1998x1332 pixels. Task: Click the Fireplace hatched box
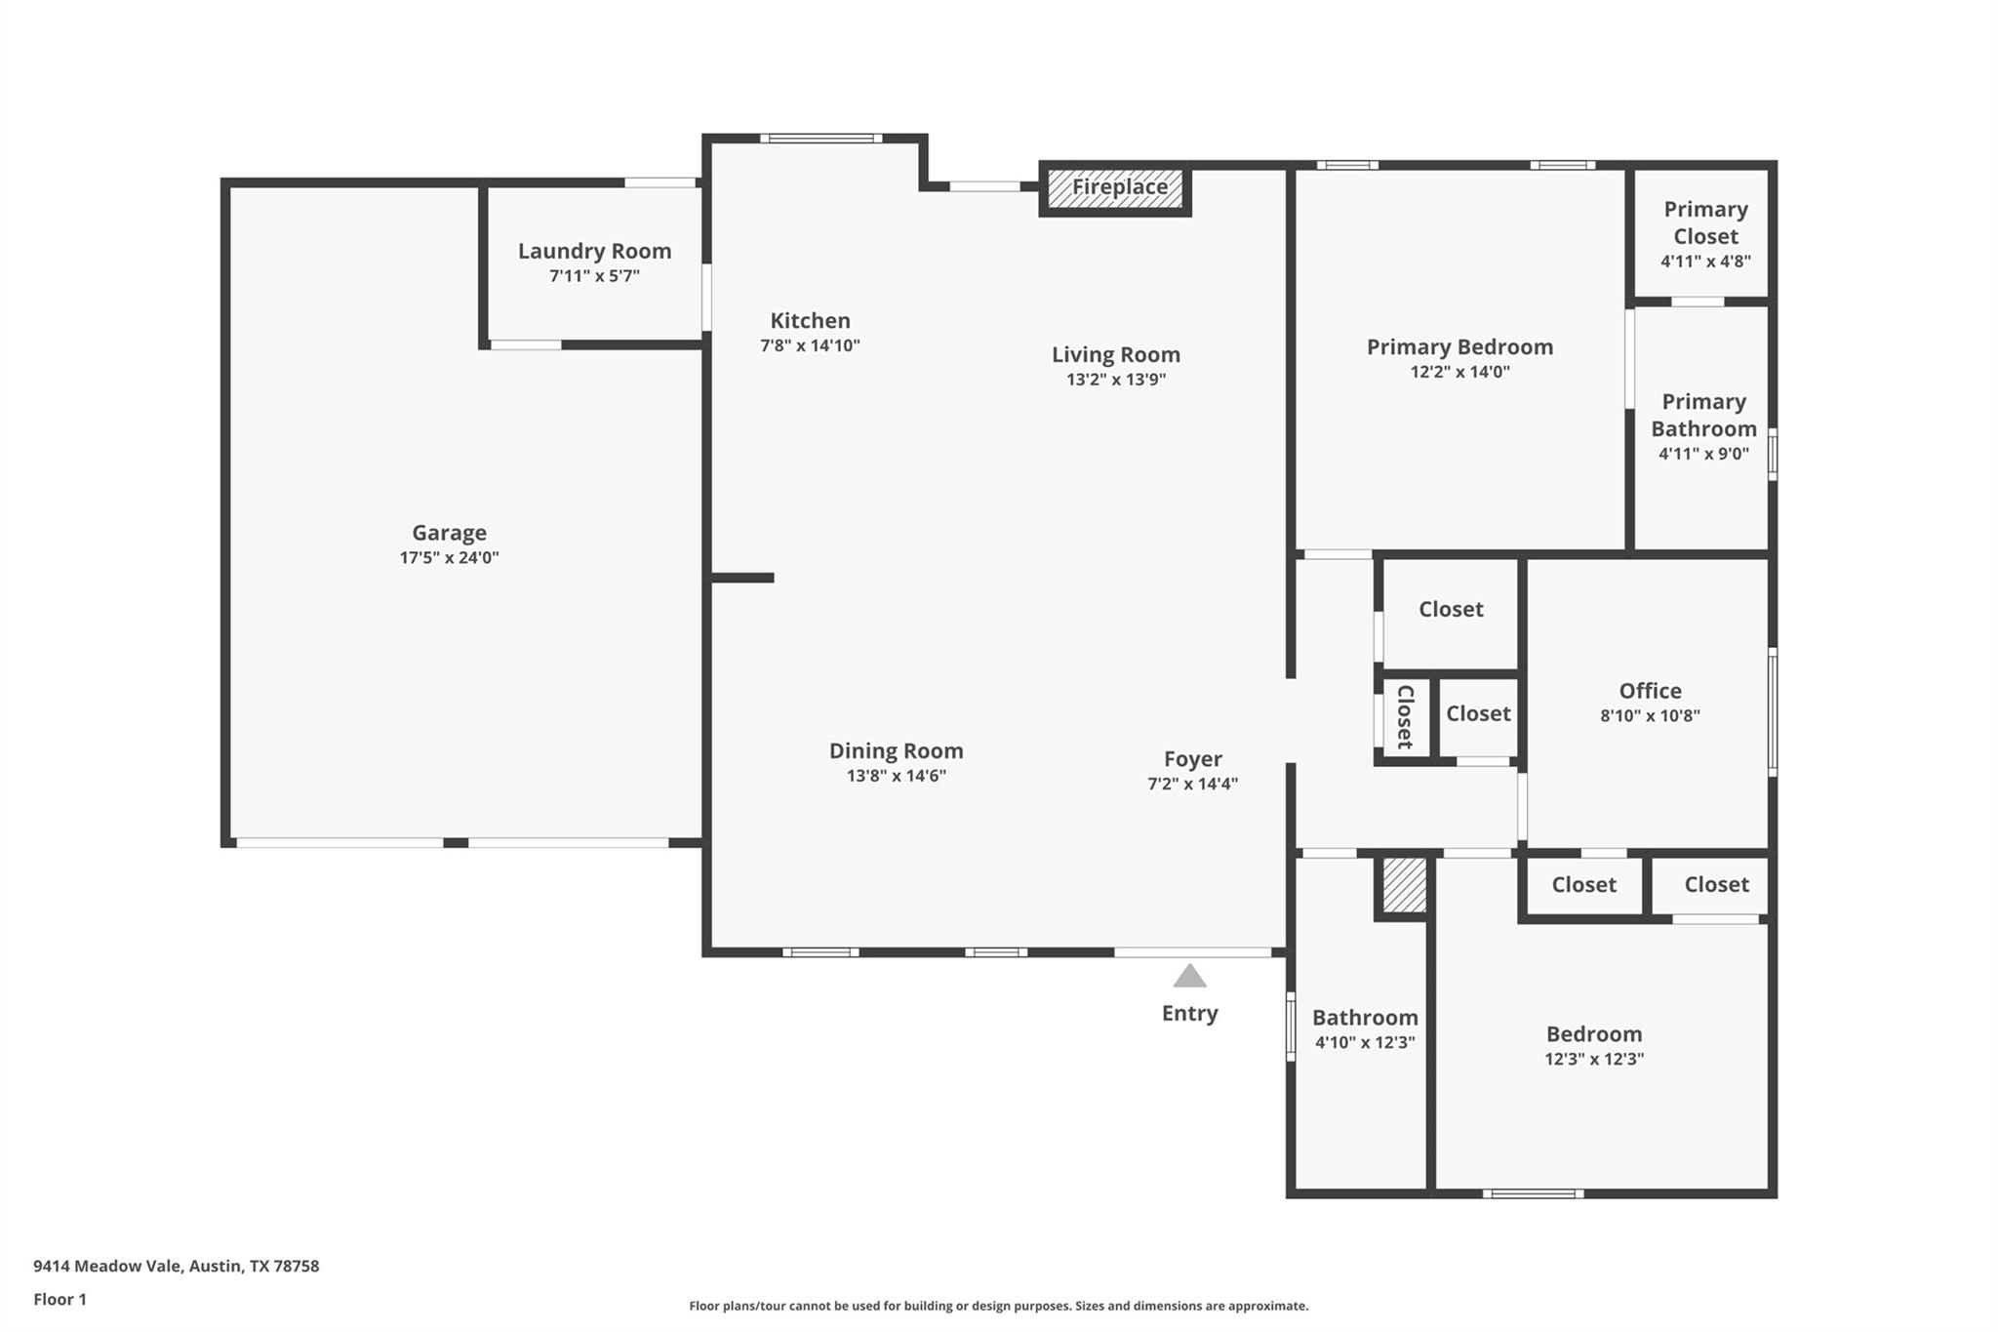pos(1115,189)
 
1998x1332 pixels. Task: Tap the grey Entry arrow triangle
pos(1189,976)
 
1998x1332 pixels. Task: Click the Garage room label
pos(449,533)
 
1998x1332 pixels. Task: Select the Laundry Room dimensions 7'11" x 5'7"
pos(594,276)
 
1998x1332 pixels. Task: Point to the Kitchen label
pos(810,320)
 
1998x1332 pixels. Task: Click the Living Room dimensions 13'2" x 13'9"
pos(1116,380)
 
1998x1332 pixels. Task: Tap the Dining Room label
pos(896,750)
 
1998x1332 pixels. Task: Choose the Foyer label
pos(1192,758)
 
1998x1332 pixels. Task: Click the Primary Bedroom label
pos(1459,346)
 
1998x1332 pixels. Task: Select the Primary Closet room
pos(1704,233)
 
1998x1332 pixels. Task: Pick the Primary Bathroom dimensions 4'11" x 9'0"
pos(1703,454)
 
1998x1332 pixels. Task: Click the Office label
pos(1650,690)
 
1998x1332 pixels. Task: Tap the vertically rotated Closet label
pos(1405,716)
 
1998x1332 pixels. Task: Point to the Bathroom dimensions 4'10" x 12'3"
pos(1364,1042)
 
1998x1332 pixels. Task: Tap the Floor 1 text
pos(60,1299)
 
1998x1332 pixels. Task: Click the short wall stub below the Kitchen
pos(741,578)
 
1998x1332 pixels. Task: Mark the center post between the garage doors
pos(456,842)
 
